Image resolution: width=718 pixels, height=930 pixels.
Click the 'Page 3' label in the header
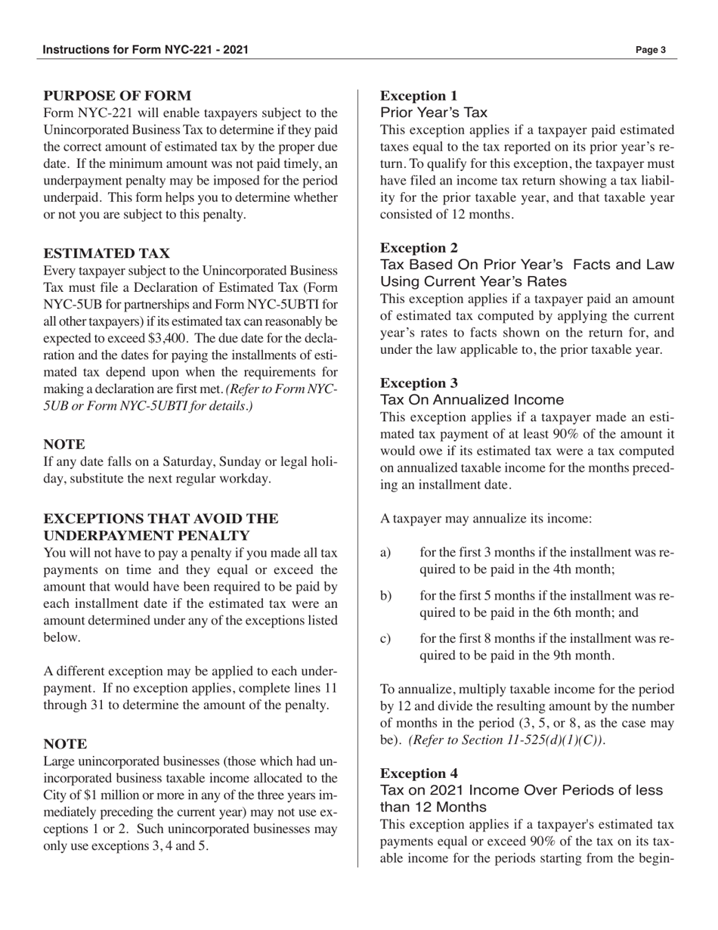tap(650, 51)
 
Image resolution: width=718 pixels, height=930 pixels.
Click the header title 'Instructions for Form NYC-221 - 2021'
tap(145, 51)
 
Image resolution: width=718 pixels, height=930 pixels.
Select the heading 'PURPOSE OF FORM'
tap(117, 96)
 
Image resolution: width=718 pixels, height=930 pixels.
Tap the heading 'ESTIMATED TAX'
tap(107, 253)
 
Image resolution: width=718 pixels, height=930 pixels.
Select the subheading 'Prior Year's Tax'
tap(434, 113)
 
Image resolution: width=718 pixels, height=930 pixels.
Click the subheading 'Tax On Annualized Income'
tap(472, 399)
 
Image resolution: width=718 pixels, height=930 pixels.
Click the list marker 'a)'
tap(386, 553)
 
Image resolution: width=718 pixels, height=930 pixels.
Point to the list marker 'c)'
tap(386, 638)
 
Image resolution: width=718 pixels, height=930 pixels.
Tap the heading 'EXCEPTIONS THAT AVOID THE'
tap(161, 519)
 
